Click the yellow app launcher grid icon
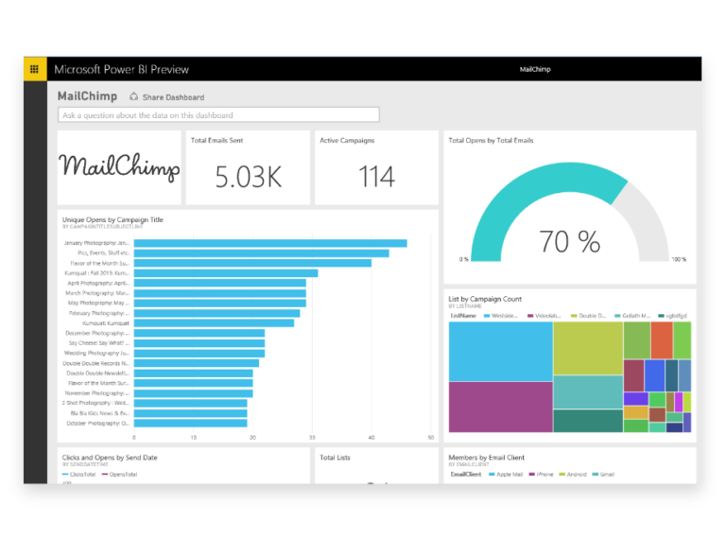(x=35, y=69)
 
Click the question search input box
(x=218, y=115)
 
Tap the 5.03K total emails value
(x=248, y=177)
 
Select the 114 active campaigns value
(x=376, y=177)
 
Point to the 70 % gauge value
(x=569, y=242)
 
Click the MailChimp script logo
(x=119, y=168)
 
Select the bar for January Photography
(x=270, y=243)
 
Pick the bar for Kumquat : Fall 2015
(x=226, y=273)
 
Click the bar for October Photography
(x=190, y=424)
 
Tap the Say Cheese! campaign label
(x=96, y=343)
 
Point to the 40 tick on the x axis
(x=372, y=438)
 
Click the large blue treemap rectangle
(x=500, y=351)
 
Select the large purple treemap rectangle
(x=500, y=407)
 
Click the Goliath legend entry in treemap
(x=635, y=315)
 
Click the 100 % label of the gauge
(x=679, y=259)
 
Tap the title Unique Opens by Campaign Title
(x=112, y=219)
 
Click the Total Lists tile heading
(x=336, y=458)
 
